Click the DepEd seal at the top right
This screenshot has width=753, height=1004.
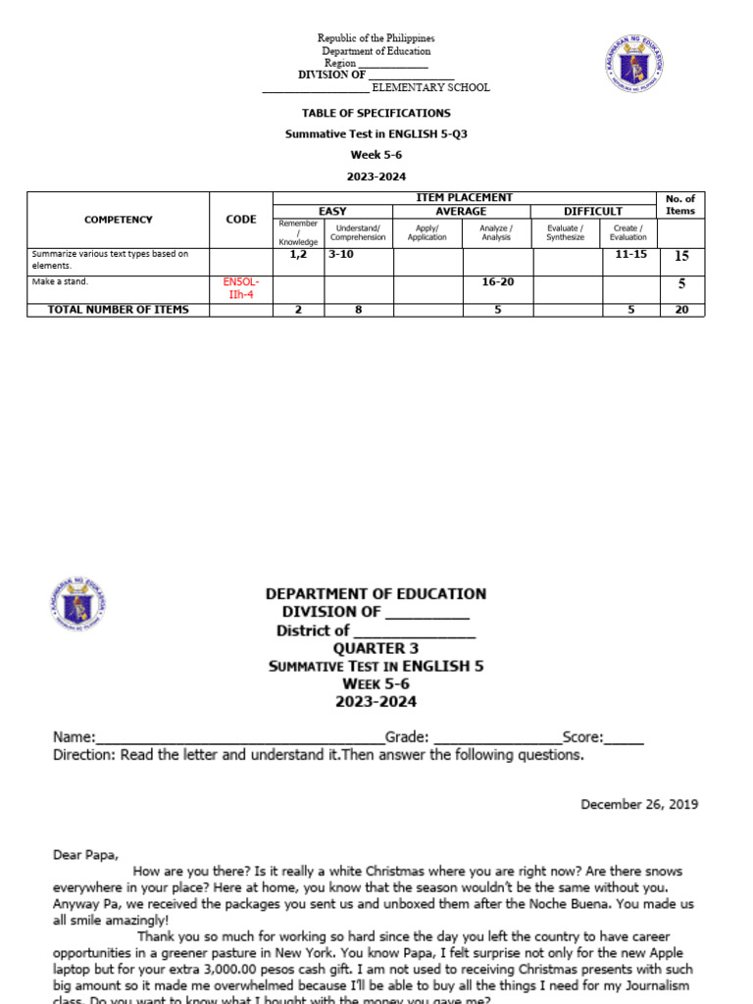[x=634, y=68]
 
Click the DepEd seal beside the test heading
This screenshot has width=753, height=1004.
[x=82, y=607]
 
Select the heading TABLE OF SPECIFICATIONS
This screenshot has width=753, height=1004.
[x=376, y=114]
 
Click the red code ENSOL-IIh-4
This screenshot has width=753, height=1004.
[x=241, y=288]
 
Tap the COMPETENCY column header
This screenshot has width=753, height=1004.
[x=118, y=220]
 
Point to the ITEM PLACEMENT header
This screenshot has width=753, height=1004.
[x=465, y=198]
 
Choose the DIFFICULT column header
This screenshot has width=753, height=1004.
[x=592, y=211]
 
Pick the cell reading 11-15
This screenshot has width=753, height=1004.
[x=630, y=254]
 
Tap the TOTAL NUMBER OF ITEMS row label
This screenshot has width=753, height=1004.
[x=118, y=310]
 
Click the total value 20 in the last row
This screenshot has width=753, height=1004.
[x=681, y=310]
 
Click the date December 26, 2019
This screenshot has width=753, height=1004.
[x=639, y=804]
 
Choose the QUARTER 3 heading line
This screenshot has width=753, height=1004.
[x=376, y=648]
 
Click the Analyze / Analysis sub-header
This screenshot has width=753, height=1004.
[x=496, y=231]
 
